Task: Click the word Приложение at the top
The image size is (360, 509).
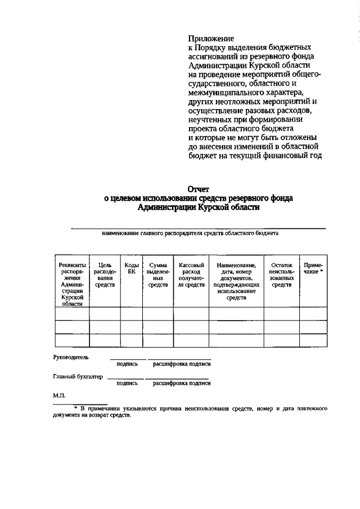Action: click(210, 38)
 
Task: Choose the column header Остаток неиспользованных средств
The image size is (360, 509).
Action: click(281, 275)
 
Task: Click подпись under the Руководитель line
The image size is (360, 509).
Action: click(127, 364)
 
